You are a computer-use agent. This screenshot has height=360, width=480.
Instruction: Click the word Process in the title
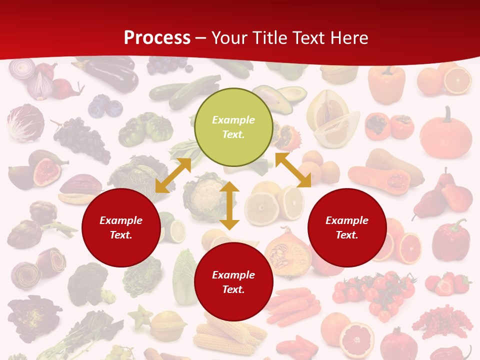[x=157, y=38]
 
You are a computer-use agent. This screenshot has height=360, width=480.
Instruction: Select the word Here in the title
[x=348, y=38]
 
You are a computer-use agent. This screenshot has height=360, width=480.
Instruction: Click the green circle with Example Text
[x=233, y=127]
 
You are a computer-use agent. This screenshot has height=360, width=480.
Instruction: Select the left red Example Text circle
[x=121, y=227]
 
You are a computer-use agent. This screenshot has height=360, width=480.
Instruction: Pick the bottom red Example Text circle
[x=233, y=282]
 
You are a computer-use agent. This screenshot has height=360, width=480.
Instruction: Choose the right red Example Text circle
[x=347, y=227]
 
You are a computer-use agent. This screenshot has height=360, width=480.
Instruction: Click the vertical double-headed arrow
[x=229, y=205]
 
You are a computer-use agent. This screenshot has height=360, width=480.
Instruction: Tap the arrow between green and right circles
[x=293, y=170]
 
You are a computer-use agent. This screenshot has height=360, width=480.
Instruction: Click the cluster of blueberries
[x=105, y=106]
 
